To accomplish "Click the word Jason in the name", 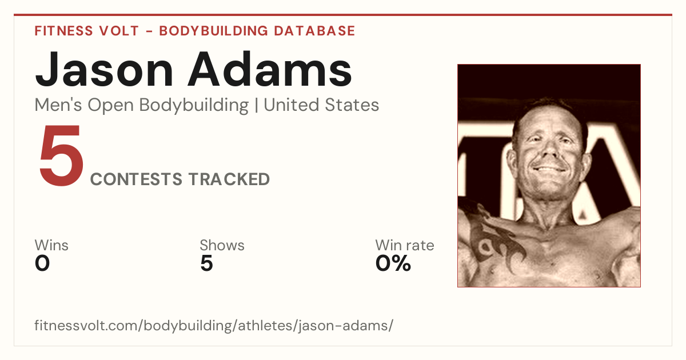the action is [104, 70].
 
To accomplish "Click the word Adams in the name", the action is [270, 69].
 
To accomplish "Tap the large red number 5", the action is [62, 155].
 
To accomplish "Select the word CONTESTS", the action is [136, 179].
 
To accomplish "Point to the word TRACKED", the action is [229, 179].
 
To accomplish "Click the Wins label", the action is [51, 245].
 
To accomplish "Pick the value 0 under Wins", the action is [42, 263].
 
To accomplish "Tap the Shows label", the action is [222, 245].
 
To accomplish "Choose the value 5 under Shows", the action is [206, 263].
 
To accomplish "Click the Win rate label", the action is [405, 245].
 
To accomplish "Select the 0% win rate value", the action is [393, 263].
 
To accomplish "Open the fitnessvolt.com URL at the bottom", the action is [214, 325].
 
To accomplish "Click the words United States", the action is [321, 105].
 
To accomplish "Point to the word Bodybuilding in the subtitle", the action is [194, 106].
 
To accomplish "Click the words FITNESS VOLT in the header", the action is [87, 31].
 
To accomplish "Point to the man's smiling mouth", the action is [549, 169].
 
